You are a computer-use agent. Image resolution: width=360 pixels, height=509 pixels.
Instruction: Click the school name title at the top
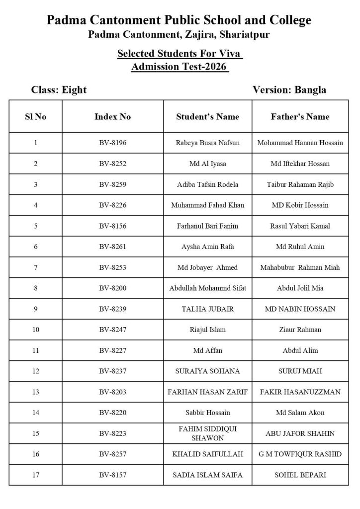179,20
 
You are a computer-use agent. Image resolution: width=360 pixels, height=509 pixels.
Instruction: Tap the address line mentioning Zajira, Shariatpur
179,34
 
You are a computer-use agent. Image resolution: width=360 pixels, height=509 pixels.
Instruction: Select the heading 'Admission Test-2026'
180,67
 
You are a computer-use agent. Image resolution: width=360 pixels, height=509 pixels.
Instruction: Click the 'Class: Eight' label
59,90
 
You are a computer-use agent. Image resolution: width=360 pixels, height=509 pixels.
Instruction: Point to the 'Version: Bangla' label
289,90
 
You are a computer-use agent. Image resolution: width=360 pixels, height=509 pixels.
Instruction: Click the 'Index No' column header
113,117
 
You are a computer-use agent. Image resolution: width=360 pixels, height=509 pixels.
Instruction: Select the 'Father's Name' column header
300,117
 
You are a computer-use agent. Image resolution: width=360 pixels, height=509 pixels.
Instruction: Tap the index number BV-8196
113,143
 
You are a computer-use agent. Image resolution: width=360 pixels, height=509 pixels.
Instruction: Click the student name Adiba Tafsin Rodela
208,184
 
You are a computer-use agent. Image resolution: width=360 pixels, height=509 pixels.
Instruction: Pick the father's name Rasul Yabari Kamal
300,226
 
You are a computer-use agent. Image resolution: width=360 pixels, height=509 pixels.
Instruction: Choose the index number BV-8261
113,247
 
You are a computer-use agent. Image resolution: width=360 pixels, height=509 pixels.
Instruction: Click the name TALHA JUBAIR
208,309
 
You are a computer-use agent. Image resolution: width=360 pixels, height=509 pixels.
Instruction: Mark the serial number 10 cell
36,330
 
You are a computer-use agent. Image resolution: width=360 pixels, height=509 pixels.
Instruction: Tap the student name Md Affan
208,350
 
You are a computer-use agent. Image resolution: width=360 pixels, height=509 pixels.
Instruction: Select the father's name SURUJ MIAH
300,371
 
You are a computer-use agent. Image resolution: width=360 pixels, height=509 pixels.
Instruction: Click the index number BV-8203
113,392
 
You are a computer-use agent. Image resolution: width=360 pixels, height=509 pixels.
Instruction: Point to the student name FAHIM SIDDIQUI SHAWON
208,433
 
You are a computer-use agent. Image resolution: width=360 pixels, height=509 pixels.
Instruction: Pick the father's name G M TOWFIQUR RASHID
300,454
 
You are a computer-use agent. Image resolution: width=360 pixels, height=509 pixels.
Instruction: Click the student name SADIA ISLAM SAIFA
208,475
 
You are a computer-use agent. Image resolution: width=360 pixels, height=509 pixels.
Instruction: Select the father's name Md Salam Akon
300,413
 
